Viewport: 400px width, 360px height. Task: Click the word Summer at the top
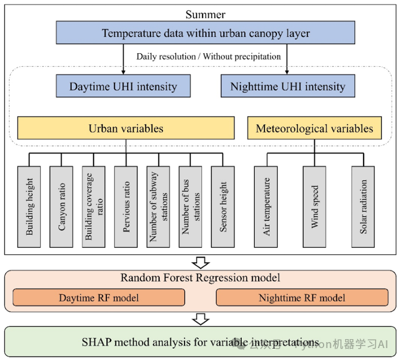coord(205,14)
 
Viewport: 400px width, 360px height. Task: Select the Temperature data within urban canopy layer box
coord(205,33)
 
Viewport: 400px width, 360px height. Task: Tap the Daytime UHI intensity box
coord(123,86)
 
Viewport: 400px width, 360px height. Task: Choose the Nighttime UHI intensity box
coord(288,86)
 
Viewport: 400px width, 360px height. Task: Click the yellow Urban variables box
coord(125,128)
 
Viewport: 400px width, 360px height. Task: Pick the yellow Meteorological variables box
coord(314,128)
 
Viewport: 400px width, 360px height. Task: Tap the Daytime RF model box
coord(100,297)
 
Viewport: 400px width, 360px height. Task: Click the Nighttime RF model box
coord(301,297)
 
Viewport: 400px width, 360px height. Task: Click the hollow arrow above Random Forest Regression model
coord(201,262)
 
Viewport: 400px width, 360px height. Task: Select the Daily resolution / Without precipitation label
coord(208,57)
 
